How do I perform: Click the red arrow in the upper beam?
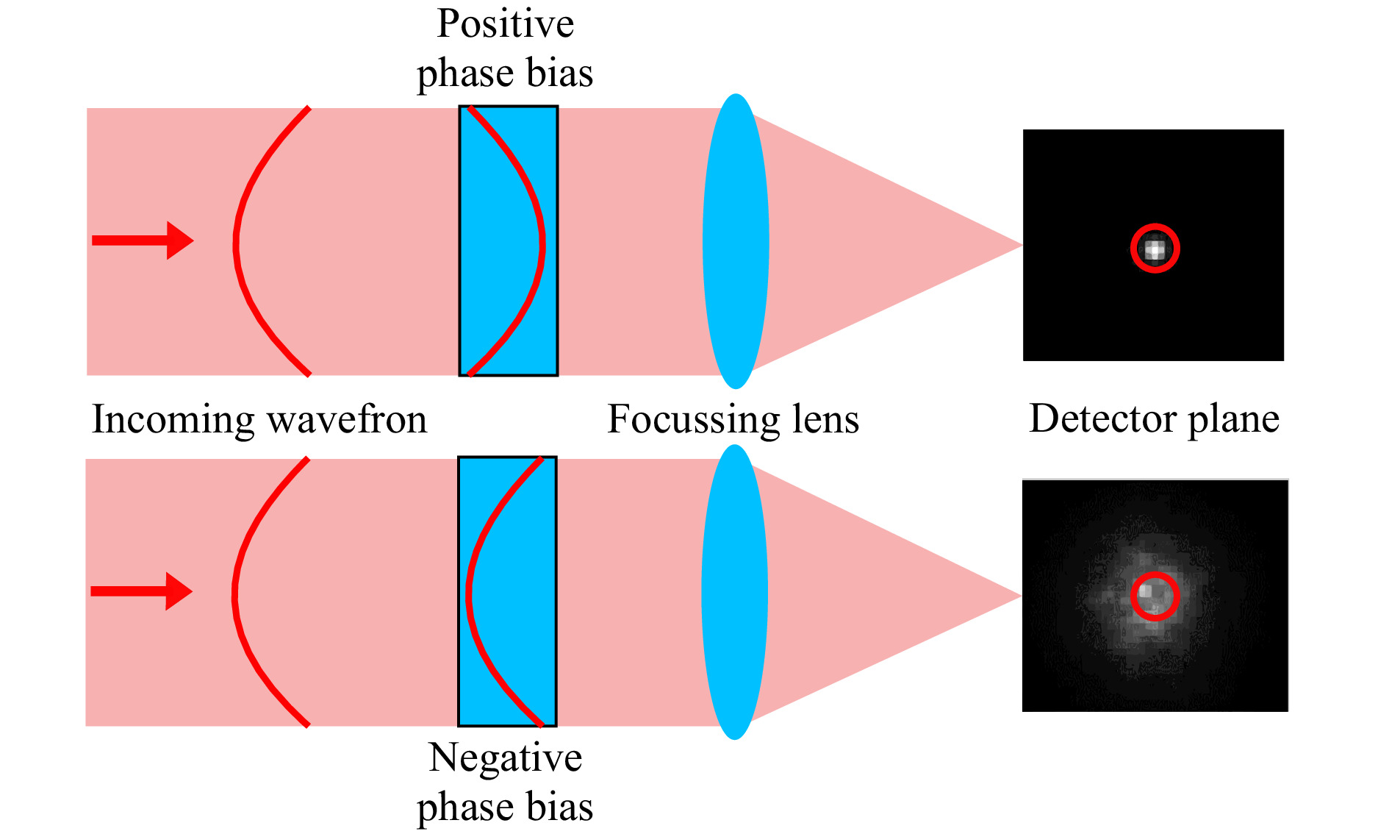[143, 240]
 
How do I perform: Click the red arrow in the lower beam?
[141, 591]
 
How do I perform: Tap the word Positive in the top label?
[505, 24]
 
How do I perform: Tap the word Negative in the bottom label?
[505, 758]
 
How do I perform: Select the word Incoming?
[173, 421]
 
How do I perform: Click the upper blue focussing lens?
[736, 241]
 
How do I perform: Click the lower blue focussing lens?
[734, 592]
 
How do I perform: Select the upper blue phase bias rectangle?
[509, 241]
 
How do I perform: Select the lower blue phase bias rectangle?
[507, 591]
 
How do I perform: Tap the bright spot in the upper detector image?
[1155, 249]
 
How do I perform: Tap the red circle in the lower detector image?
[1155, 574]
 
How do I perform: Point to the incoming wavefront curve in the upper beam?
[235, 241]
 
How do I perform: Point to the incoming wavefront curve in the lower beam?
[234, 592]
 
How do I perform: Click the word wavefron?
[347, 420]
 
